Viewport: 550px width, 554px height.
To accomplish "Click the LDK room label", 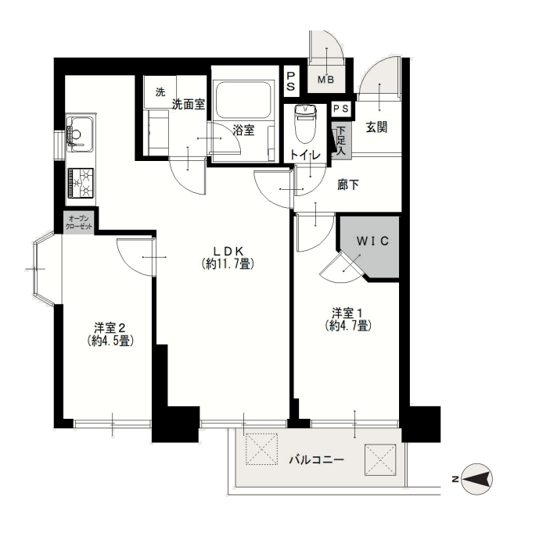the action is (x=228, y=257).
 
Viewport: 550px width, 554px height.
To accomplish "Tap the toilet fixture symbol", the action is (x=305, y=123).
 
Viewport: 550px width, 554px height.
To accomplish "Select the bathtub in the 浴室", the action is (x=243, y=100).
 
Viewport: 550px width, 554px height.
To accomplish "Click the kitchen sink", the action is (x=80, y=133).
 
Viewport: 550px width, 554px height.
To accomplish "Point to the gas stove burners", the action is (x=81, y=183).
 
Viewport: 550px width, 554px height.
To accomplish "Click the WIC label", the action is (x=372, y=241).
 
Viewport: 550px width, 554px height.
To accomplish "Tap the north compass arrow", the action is (x=477, y=479).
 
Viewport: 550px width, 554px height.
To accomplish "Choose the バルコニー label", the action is (x=317, y=459).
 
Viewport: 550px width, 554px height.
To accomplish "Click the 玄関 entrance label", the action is (x=376, y=127).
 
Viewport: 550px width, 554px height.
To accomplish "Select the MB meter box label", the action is (x=325, y=80).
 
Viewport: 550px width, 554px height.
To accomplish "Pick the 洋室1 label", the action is (x=348, y=319).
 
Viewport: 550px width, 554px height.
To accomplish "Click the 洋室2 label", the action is (x=110, y=334).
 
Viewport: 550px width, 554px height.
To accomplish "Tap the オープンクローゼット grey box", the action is (x=79, y=222).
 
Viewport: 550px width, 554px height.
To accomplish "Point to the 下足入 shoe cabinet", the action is (x=341, y=141).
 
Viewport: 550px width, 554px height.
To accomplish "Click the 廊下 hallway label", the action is (x=348, y=184).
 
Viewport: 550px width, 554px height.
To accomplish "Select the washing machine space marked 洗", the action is (x=160, y=92).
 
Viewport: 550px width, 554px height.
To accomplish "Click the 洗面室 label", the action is (x=189, y=104).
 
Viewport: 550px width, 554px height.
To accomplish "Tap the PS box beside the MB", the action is (x=292, y=81).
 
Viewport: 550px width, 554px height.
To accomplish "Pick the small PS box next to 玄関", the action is (x=341, y=109).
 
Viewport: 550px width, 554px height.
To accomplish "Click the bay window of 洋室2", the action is (x=45, y=269).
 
